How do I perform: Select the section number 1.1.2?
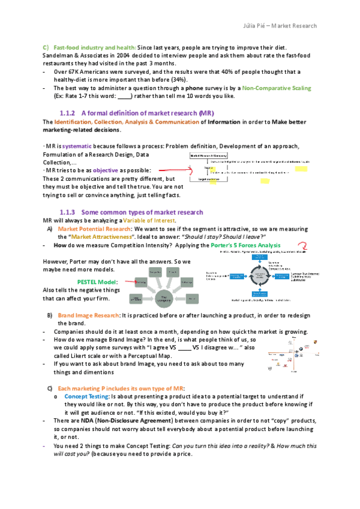pyautogui.click(x=68, y=113)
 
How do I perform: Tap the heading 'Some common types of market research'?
pyautogui.click(x=142, y=212)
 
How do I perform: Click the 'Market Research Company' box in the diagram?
pyautogui.click(x=207, y=154)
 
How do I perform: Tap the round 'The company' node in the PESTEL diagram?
pyautogui.click(x=163, y=297)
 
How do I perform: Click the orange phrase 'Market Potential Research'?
pyautogui.click(x=94, y=229)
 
